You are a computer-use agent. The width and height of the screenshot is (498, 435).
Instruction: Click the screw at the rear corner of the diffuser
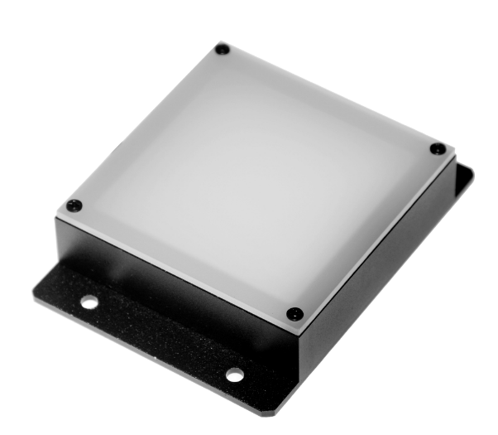(222, 50)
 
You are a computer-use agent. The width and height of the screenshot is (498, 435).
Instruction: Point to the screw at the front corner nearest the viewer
(294, 313)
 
